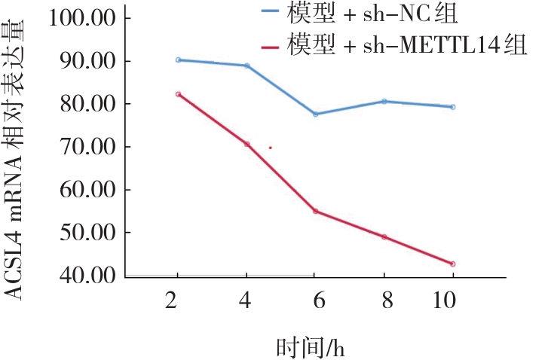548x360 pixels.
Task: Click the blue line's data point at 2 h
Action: (x=178, y=59)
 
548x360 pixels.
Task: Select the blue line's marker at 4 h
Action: (x=246, y=66)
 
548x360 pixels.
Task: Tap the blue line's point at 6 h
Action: (x=316, y=114)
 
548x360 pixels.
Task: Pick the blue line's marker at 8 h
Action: (x=384, y=101)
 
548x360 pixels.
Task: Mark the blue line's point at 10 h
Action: (x=452, y=107)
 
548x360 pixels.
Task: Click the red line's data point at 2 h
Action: (x=178, y=94)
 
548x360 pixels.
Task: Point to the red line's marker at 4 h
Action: (x=246, y=144)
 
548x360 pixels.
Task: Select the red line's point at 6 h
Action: (x=316, y=211)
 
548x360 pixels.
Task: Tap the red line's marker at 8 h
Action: (x=384, y=237)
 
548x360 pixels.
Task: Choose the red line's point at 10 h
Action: (x=452, y=264)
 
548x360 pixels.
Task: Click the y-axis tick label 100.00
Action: (x=81, y=18)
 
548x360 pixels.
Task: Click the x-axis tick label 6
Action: (x=316, y=299)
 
